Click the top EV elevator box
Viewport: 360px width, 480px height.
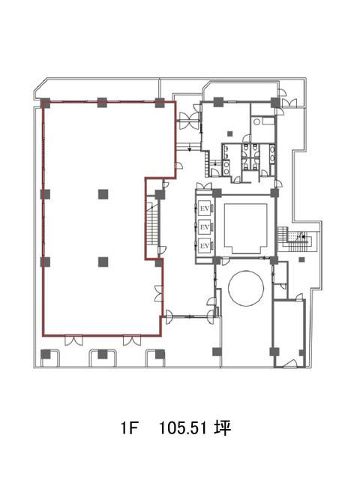coord(204,208)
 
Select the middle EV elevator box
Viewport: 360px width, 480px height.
coord(204,227)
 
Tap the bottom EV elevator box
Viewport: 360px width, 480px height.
coord(204,245)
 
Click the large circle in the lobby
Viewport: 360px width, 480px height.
coord(246,287)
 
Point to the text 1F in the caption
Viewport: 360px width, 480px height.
coord(129,427)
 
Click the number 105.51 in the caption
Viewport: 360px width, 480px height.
coord(183,427)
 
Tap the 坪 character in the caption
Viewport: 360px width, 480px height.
coord(223,427)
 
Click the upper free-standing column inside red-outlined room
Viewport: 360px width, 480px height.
coord(103,194)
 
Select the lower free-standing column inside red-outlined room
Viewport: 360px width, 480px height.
coord(103,262)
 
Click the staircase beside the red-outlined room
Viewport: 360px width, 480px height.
coord(151,223)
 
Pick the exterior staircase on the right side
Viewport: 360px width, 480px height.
coord(295,238)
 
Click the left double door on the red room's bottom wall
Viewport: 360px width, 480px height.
coord(73,340)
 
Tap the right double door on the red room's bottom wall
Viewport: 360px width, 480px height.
coord(132,340)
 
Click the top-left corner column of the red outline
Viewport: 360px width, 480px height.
coord(46,103)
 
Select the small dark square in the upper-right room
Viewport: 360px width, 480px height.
coord(230,133)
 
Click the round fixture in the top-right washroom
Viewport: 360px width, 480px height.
coord(256,121)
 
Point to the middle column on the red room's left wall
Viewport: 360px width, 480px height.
coord(45,194)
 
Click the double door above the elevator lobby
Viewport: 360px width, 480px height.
coord(204,186)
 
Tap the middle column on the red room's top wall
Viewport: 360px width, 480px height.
coord(102,103)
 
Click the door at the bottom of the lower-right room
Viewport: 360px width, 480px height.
coord(289,363)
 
